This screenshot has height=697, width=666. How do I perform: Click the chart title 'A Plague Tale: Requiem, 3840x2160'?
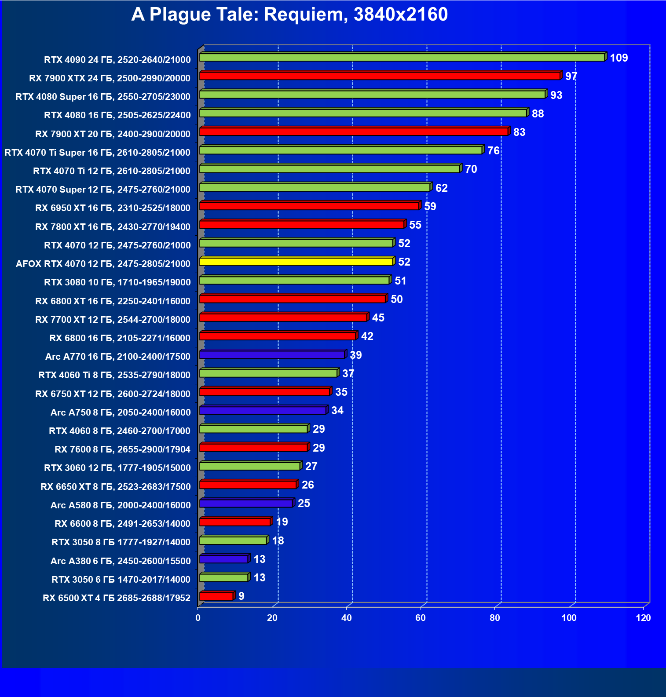[x=289, y=15]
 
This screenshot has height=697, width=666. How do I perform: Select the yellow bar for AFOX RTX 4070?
[x=296, y=262]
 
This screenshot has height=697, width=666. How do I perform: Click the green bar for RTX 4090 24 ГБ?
[x=402, y=58]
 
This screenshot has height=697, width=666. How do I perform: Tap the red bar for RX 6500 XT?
[x=216, y=596]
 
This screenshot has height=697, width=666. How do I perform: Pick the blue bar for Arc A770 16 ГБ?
[x=272, y=355]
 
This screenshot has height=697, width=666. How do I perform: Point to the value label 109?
[x=618, y=58]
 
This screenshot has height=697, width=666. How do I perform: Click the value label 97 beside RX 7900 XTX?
[x=571, y=77]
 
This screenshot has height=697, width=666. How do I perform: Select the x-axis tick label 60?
[x=421, y=618]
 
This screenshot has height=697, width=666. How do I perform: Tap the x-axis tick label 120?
[x=643, y=618]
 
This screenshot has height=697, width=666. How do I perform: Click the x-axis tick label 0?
[x=198, y=618]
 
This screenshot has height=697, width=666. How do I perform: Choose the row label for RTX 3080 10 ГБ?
[x=117, y=282]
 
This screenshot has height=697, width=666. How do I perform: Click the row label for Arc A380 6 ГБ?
[x=121, y=561]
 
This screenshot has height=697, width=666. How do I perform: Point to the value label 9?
[x=241, y=596]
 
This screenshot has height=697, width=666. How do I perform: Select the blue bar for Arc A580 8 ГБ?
[x=246, y=504]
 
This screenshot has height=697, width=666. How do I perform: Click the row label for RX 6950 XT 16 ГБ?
[x=113, y=208]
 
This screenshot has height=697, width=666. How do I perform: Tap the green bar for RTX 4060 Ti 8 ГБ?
[x=268, y=373]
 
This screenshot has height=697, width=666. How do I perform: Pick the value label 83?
[x=519, y=132]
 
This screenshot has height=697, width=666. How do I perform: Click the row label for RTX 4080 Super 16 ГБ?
[x=103, y=97]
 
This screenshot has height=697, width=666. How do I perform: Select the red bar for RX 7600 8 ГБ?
[x=253, y=448]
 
